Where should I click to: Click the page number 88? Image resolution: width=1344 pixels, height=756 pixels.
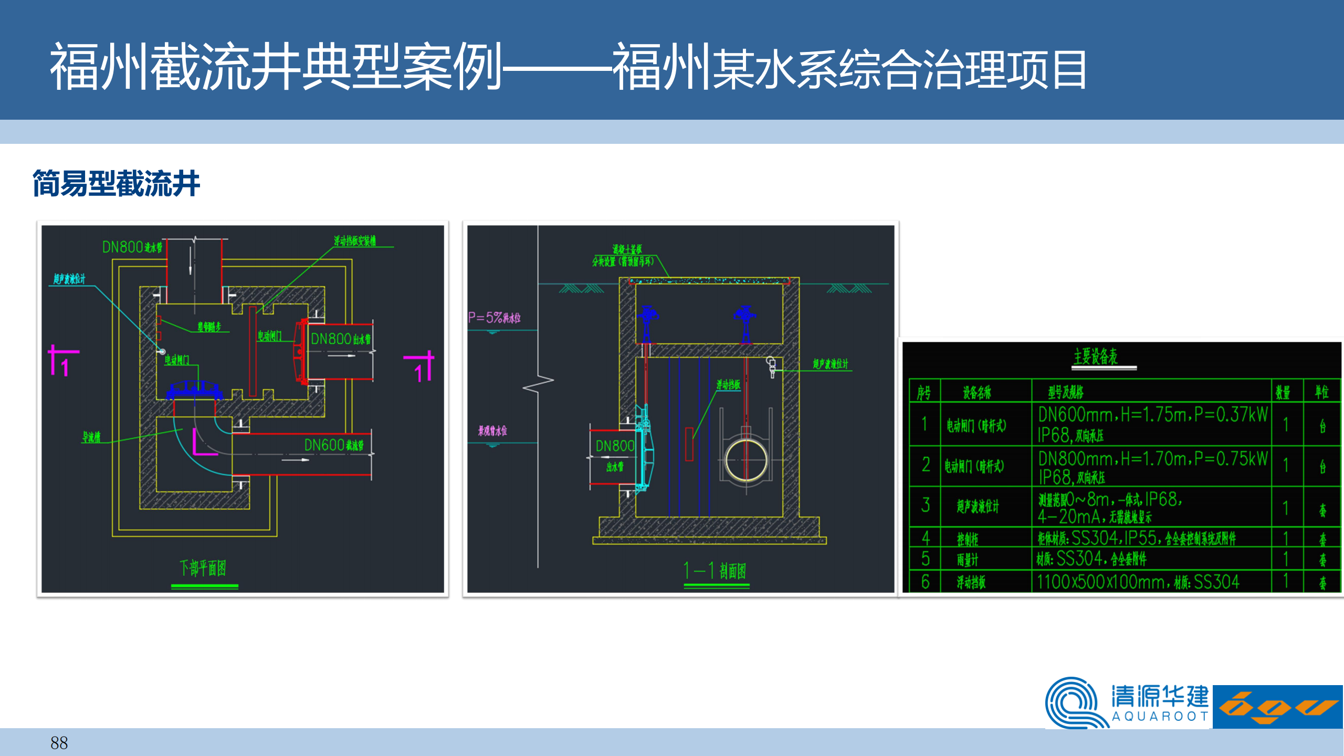59,743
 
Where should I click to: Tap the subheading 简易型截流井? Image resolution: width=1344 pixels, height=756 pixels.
116,184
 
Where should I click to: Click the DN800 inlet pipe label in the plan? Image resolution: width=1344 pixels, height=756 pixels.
132,247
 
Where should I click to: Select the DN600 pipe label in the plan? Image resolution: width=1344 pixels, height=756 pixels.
333,445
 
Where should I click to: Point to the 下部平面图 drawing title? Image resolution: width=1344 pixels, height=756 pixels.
203,568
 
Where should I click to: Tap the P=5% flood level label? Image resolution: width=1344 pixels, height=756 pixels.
494,318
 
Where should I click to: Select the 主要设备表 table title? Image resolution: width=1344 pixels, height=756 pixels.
1095,357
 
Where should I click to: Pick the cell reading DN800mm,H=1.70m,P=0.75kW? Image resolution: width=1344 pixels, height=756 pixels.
1152,467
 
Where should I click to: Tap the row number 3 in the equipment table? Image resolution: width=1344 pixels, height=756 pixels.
926,506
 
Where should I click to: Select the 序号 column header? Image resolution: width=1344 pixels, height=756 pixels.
923,392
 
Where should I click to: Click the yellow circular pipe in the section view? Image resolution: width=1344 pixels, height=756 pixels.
746,460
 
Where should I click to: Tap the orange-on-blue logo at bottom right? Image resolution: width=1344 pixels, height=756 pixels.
1277,707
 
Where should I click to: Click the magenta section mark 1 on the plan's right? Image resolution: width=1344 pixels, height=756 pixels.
421,367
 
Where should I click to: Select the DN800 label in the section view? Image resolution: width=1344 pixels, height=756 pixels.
615,446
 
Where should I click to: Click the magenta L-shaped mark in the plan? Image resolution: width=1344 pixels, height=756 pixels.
203,443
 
